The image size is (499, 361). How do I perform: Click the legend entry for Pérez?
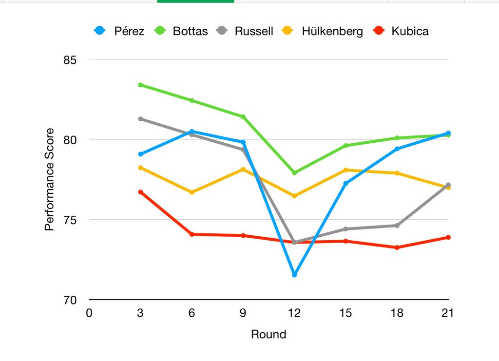pyautogui.click(x=119, y=31)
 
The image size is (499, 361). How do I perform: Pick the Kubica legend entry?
pyautogui.click(x=402, y=31)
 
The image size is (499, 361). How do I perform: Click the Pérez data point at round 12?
pyautogui.click(x=294, y=275)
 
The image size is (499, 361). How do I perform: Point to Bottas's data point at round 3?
pyautogui.click(x=140, y=85)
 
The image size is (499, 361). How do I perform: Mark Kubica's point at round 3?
pyautogui.click(x=140, y=192)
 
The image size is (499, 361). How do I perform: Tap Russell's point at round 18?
pyautogui.click(x=397, y=226)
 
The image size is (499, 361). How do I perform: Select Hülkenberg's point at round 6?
pyautogui.click(x=192, y=192)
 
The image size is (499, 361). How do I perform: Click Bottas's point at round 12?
pyautogui.click(x=294, y=173)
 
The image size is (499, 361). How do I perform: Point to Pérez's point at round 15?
pyautogui.click(x=346, y=184)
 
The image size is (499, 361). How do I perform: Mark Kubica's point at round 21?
pyautogui.click(x=448, y=237)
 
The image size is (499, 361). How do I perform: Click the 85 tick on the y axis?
pyautogui.click(x=70, y=60)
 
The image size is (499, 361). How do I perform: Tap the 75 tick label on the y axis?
pyautogui.click(x=70, y=220)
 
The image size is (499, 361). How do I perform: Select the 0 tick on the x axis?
pyautogui.click(x=89, y=313)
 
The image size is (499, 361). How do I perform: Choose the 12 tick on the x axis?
pyautogui.click(x=294, y=313)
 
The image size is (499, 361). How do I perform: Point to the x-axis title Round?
pyautogui.click(x=269, y=335)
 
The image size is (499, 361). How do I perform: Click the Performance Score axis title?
pyautogui.click(x=49, y=180)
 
